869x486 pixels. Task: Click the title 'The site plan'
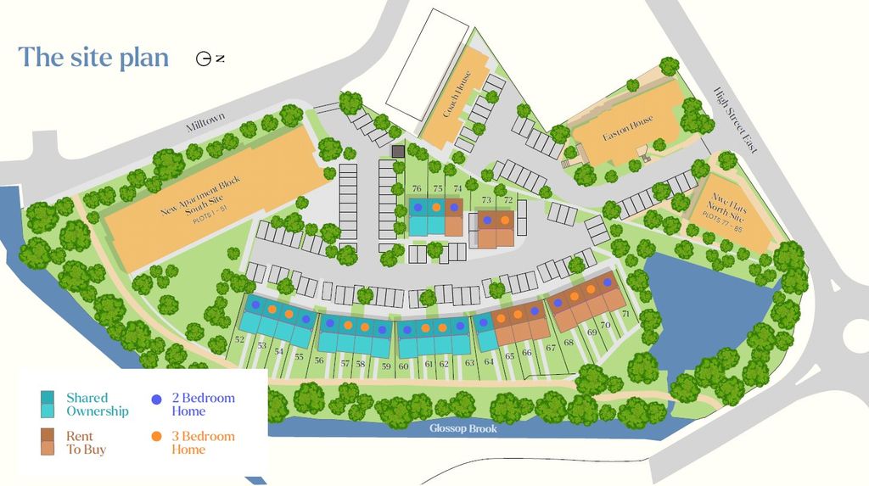93,57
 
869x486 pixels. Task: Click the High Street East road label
736,120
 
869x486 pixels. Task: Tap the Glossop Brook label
463,428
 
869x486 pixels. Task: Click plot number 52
239,340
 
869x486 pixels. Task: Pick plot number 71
626,315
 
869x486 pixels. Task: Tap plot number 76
417,188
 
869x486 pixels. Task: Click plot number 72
508,200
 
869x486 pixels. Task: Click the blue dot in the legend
156,398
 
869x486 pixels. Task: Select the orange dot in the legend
156,437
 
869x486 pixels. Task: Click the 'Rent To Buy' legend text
86,443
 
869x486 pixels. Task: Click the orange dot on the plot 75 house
436,207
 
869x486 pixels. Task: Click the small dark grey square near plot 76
398,151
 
